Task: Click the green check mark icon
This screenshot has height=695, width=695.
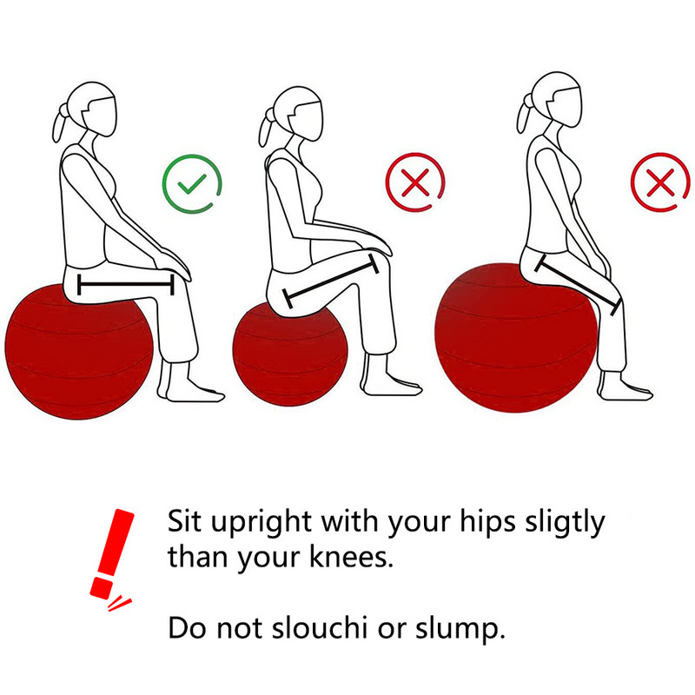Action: [193, 183]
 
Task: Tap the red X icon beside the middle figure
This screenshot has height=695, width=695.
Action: [415, 183]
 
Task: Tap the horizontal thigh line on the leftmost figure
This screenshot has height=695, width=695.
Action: [126, 283]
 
